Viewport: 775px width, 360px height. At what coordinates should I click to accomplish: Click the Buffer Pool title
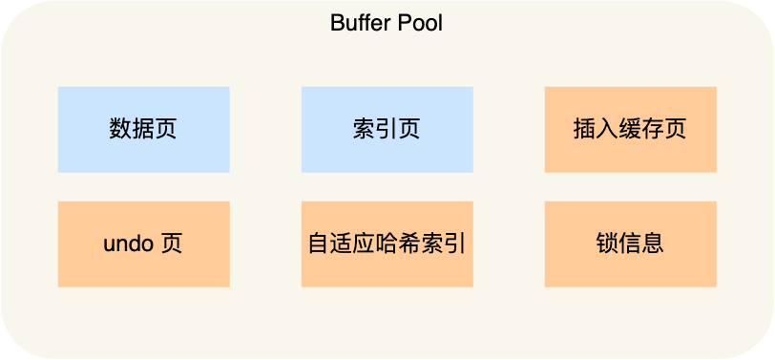pyautogui.click(x=387, y=23)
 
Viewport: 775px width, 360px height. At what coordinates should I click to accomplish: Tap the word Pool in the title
pyautogui.click(x=421, y=23)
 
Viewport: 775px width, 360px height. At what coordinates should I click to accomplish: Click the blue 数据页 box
pyautogui.click(x=143, y=130)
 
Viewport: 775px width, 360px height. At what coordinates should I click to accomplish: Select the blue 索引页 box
pyautogui.click(x=387, y=130)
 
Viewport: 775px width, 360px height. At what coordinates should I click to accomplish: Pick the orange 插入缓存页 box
pyautogui.click(x=630, y=130)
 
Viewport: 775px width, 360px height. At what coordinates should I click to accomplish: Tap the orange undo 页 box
pyautogui.click(x=143, y=244)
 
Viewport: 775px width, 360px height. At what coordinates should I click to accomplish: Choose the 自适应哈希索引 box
pyautogui.click(x=387, y=244)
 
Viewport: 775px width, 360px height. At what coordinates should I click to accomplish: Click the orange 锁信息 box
pyautogui.click(x=630, y=244)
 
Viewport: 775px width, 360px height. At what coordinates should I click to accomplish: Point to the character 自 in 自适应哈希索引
pyautogui.click(x=318, y=244)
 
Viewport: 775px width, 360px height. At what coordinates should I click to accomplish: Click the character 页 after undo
pyautogui.click(x=172, y=244)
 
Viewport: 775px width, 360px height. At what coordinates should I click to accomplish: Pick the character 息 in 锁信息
pyautogui.click(x=653, y=244)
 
